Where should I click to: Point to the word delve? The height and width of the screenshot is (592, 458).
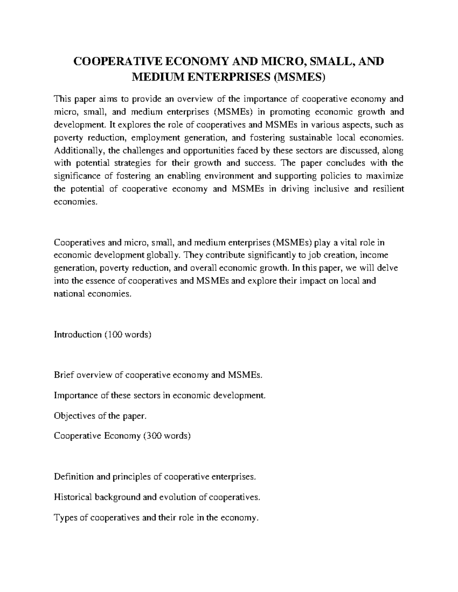click(x=387, y=268)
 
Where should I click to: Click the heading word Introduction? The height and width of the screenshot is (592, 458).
click(x=77, y=335)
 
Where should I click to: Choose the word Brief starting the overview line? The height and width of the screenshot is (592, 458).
click(x=64, y=375)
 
